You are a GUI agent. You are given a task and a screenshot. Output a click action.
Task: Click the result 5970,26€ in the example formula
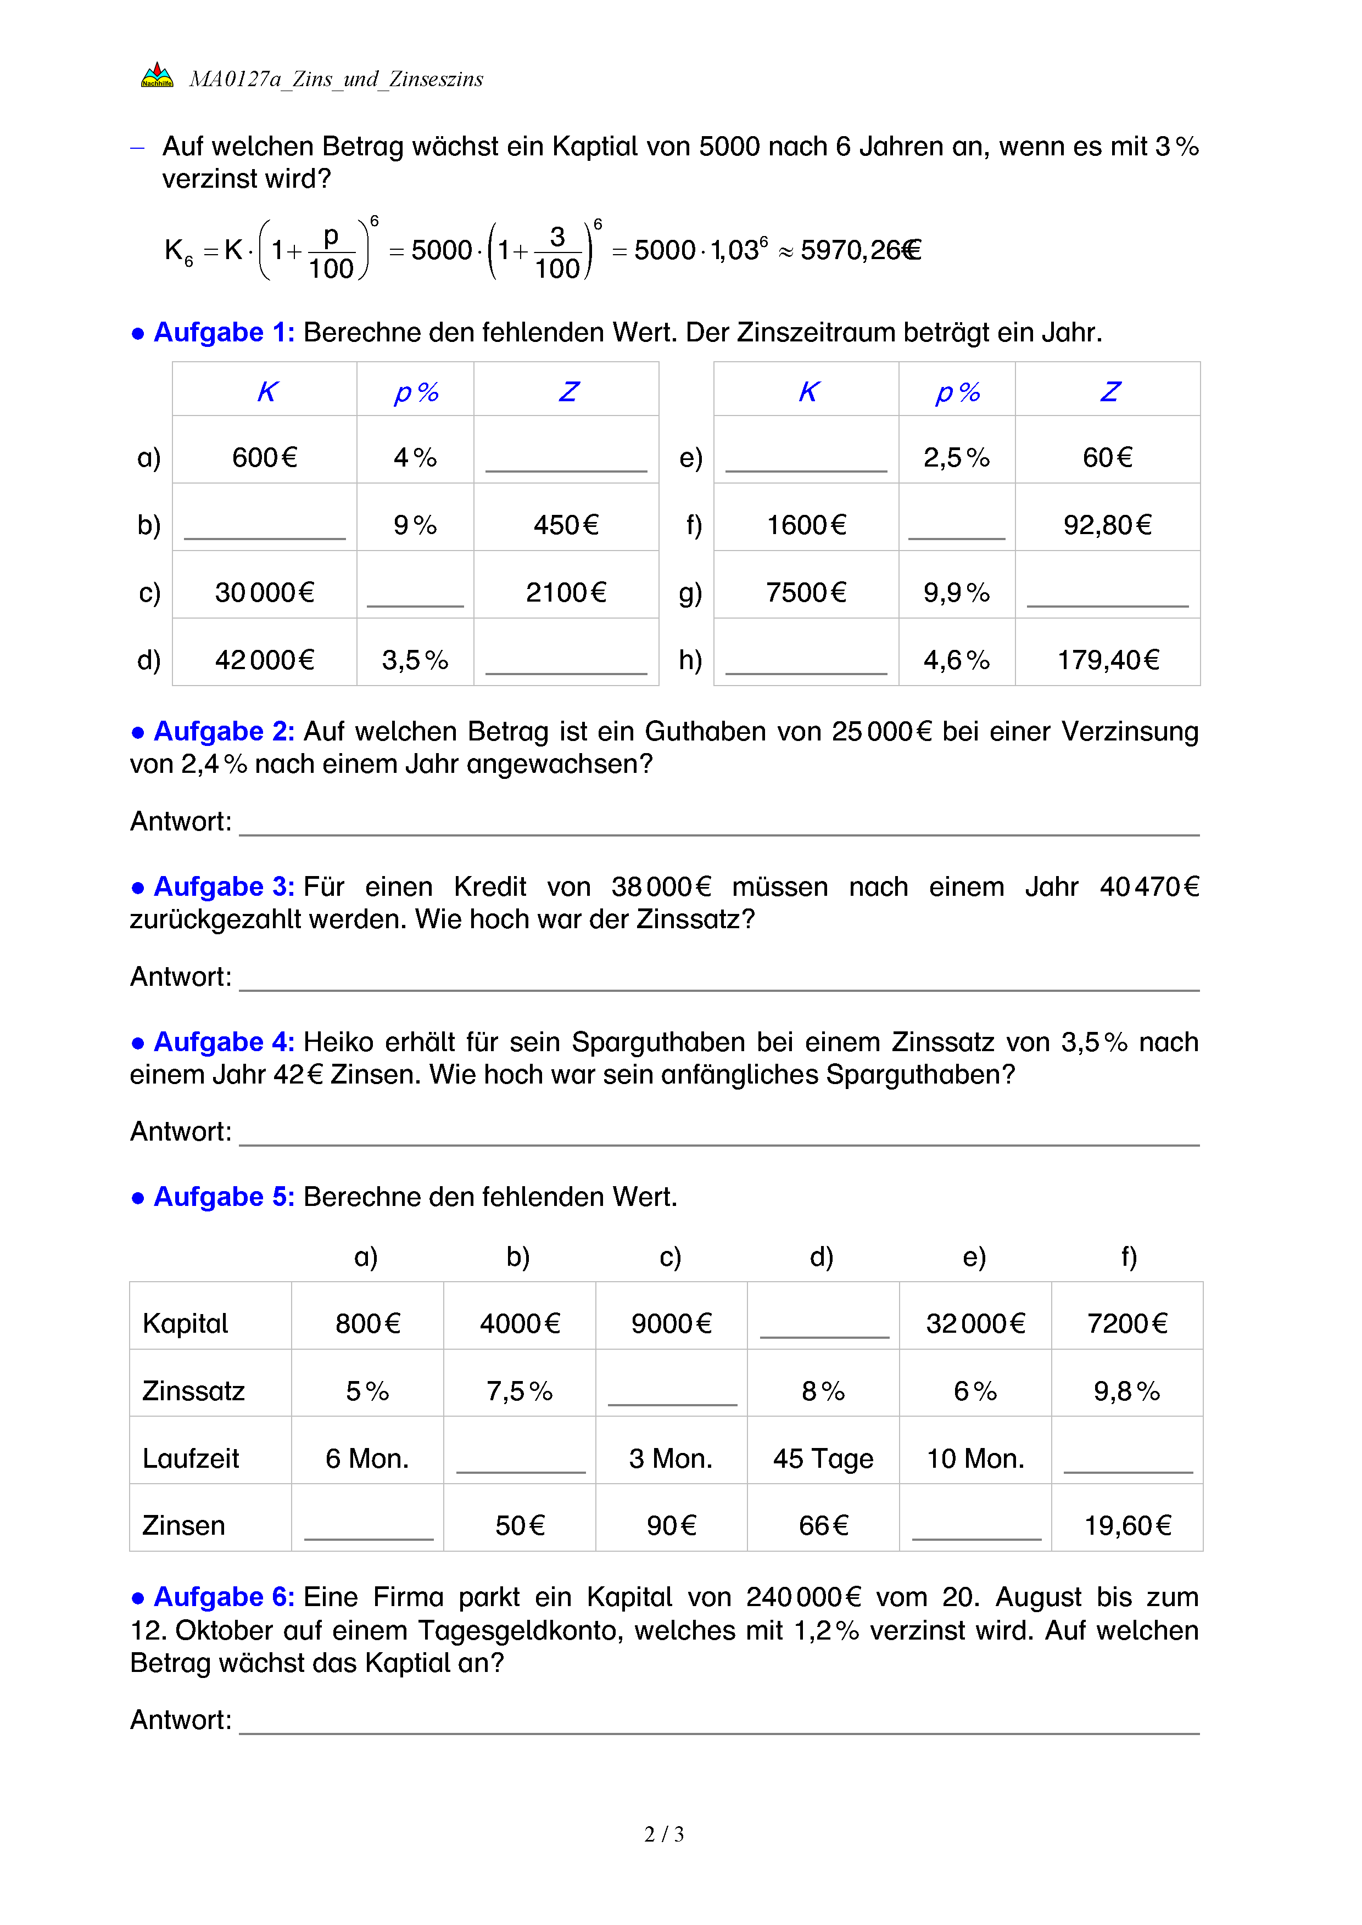[x=861, y=250]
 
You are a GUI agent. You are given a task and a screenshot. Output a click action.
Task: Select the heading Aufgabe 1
[x=224, y=333]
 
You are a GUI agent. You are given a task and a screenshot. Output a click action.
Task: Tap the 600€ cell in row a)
[x=265, y=458]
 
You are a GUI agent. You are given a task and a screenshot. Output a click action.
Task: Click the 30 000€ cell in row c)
[x=265, y=593]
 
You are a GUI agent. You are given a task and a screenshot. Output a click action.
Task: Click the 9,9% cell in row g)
[x=956, y=593]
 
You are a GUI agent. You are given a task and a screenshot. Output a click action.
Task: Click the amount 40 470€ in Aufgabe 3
[x=1149, y=887]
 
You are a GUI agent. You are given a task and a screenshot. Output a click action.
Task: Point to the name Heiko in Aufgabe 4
[x=339, y=1042]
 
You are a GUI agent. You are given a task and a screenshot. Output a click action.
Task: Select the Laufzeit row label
[x=191, y=1459]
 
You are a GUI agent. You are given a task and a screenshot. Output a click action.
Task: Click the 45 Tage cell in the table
[x=823, y=1459]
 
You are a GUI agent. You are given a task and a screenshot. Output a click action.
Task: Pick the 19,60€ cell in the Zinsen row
[x=1127, y=1526]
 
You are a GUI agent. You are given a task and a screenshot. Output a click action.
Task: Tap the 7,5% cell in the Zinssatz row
[x=519, y=1392]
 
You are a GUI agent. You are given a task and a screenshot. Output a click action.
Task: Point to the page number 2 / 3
[x=664, y=1834]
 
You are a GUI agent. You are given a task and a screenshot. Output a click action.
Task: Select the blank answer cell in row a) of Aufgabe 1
[x=566, y=458]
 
